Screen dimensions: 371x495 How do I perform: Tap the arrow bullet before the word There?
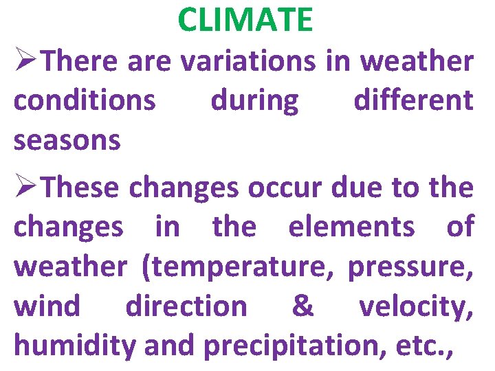27,61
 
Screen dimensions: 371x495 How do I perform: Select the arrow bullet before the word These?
27,186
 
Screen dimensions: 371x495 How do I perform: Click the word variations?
247,61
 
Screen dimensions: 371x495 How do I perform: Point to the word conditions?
85,101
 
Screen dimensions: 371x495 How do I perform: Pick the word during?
254,101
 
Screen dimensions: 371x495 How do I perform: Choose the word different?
413,101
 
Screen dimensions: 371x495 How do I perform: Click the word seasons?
67,142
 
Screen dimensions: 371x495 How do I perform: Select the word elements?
351,226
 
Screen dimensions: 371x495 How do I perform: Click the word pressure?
408,267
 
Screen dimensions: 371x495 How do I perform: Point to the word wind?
47,306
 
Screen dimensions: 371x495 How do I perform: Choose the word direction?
186,306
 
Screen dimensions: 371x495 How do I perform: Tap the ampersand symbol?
302,306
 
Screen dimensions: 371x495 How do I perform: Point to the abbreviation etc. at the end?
421,347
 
